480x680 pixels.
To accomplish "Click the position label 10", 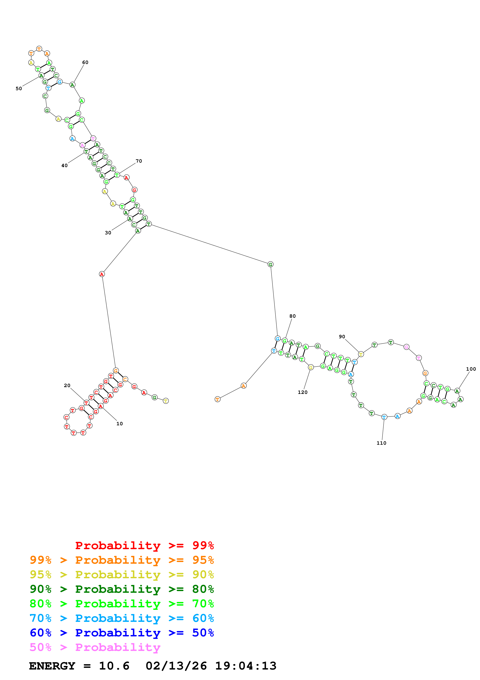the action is click(x=119, y=424).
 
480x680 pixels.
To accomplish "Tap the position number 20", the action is click(x=67, y=385).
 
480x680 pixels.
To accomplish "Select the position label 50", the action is click(x=19, y=89).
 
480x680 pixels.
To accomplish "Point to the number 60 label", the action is click(x=85, y=62).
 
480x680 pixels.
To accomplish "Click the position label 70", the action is click(x=139, y=161).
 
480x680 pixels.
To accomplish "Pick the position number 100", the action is click(x=471, y=369).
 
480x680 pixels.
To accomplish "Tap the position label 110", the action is click(x=381, y=443).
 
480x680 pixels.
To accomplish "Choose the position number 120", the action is click(x=303, y=392).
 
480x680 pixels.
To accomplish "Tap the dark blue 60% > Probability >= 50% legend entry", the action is click(x=122, y=633).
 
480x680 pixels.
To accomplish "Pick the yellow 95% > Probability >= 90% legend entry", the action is click(x=122, y=575).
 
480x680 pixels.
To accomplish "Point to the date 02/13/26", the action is click(x=176, y=666).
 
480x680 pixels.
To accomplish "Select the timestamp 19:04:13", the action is click(x=246, y=666).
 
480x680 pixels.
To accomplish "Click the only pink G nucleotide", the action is click(x=406, y=347).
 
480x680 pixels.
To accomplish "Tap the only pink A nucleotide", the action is click(x=82, y=145).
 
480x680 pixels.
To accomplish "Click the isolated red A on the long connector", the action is click(x=102, y=274).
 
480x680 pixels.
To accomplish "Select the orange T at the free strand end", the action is click(x=217, y=399).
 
